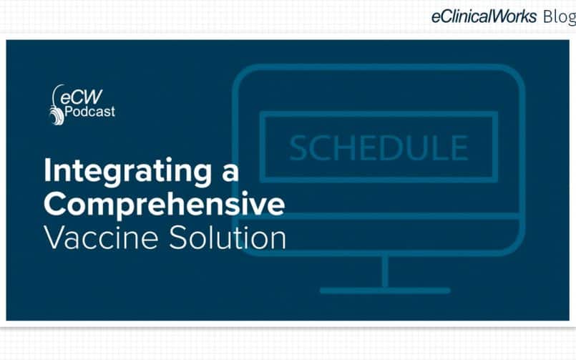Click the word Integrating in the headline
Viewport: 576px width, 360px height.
click(x=128, y=172)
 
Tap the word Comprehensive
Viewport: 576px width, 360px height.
click(x=164, y=204)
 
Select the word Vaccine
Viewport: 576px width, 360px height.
click(x=101, y=238)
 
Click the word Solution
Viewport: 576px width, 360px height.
click(x=228, y=238)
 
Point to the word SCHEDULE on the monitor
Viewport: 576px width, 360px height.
click(x=379, y=147)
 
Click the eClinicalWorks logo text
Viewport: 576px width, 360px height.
click(x=484, y=16)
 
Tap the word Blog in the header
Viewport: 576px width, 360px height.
click(x=560, y=17)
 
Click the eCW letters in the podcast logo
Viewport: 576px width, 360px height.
click(x=81, y=97)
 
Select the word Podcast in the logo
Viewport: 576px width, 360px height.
click(x=89, y=112)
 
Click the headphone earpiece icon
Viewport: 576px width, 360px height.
click(x=57, y=116)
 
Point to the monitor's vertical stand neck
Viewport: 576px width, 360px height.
click(x=385, y=272)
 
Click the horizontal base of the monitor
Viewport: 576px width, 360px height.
click(x=385, y=291)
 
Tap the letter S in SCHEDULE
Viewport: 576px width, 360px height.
click(x=299, y=147)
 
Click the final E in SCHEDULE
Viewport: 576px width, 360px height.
click(x=460, y=147)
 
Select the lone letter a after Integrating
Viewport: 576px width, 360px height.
click(x=230, y=172)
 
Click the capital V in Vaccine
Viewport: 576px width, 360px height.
click(x=57, y=238)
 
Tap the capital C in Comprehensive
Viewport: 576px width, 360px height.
click(x=57, y=204)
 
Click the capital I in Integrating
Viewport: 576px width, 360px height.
click(x=48, y=170)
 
